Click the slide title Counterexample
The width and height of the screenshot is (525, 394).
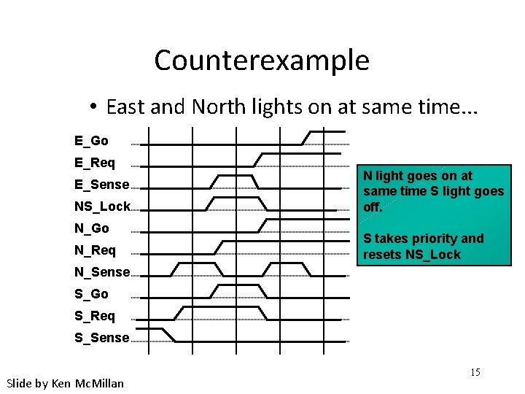[x=262, y=60]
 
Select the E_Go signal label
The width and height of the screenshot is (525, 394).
[x=91, y=140]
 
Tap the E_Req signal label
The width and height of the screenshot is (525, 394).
[x=94, y=162]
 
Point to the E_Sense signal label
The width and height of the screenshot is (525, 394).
[x=101, y=185]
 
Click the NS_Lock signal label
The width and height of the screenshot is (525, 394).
[x=102, y=206]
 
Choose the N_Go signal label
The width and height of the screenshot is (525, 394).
[x=91, y=228]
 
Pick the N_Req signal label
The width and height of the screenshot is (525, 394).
[x=95, y=250]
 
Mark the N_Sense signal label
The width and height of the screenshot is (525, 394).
[x=101, y=272]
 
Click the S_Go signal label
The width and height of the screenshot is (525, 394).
[x=91, y=294]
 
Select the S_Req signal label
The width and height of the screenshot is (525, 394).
[x=94, y=316]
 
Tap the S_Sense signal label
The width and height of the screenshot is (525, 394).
[x=101, y=338]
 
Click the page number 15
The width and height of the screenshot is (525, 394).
[x=475, y=373]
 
